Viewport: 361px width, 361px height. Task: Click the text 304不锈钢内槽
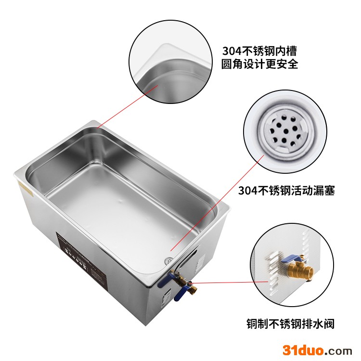pyautogui.click(x=259, y=51)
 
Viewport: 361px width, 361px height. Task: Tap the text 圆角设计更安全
pyautogui.click(x=259, y=64)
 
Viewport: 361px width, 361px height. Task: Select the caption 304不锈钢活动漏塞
pyautogui.click(x=286, y=191)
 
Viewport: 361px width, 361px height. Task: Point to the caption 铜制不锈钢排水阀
pyautogui.click(x=290, y=324)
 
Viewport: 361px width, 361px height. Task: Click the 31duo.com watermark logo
pyautogui.click(x=317, y=350)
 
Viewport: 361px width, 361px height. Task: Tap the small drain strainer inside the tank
pyautogui.click(x=168, y=260)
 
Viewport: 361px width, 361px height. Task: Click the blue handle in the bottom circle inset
pyautogui.click(x=293, y=258)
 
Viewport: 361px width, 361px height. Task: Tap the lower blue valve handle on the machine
pyautogui.click(x=181, y=293)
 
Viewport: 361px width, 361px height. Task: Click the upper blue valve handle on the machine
pyautogui.click(x=165, y=279)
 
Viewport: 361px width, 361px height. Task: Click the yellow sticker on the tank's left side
pyautogui.click(x=26, y=190)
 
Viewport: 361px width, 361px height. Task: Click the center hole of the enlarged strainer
pyautogui.click(x=286, y=132)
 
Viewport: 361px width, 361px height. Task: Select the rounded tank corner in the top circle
pyautogui.click(x=161, y=69)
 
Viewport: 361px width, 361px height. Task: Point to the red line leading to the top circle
pyautogui.click(x=128, y=106)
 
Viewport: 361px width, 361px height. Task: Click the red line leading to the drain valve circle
pyautogui.click(x=229, y=282)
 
